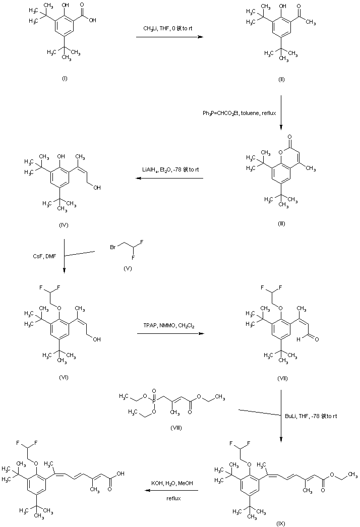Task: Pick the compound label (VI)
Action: pyautogui.click(x=64, y=377)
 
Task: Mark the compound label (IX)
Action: pyautogui.click(x=281, y=523)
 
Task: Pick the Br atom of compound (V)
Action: pyautogui.click(x=114, y=248)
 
